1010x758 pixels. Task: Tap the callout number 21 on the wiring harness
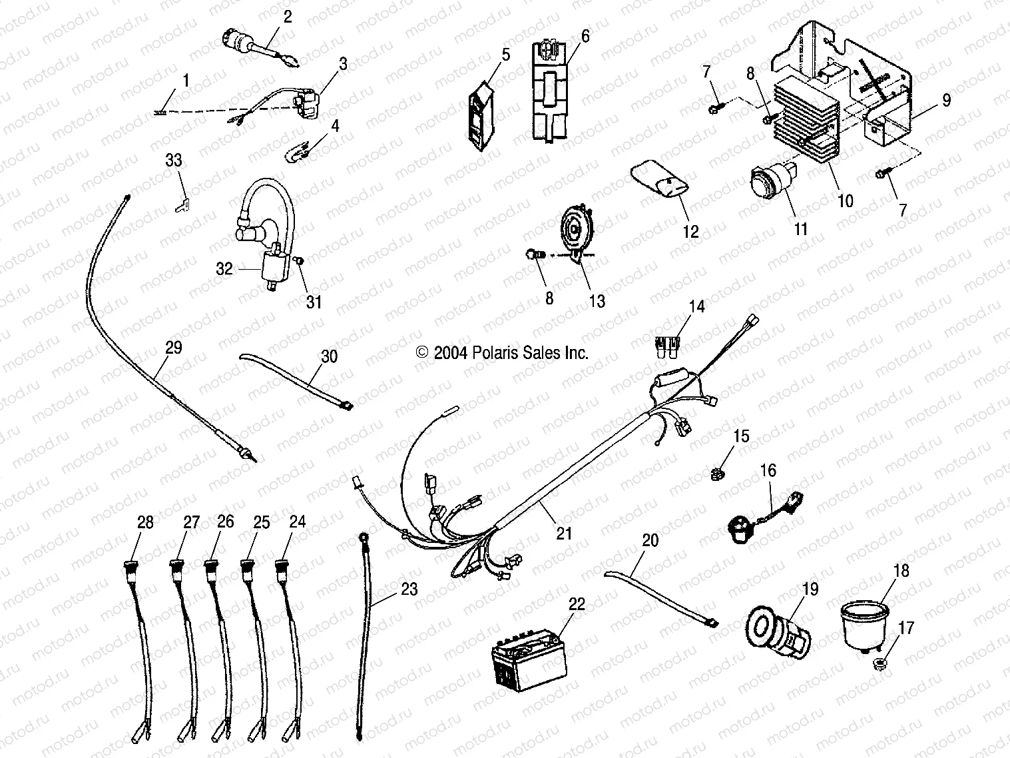(x=563, y=533)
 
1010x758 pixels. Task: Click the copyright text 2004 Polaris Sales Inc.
(x=503, y=352)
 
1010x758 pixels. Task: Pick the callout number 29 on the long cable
(x=174, y=347)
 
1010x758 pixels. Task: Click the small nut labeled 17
(x=880, y=664)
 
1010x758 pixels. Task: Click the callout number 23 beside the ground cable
(x=409, y=588)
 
